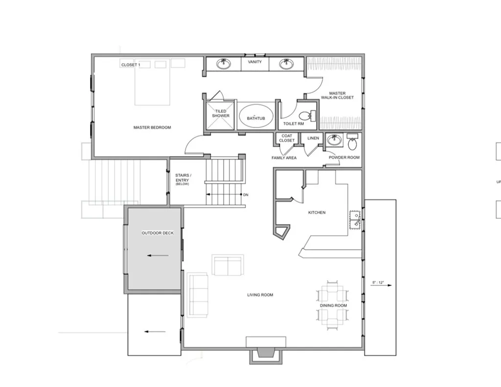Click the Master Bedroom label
[152, 127]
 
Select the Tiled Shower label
[221, 114]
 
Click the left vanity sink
[225, 63]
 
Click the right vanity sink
[286, 64]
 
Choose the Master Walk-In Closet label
[337, 96]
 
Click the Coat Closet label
[287, 138]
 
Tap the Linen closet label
[313, 138]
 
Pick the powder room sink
[334, 141]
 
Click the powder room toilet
[352, 143]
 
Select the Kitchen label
[317, 213]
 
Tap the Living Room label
[260, 295]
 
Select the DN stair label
[246, 195]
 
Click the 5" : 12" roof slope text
[378, 283]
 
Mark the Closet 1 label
[131, 65]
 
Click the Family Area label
[284, 158]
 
